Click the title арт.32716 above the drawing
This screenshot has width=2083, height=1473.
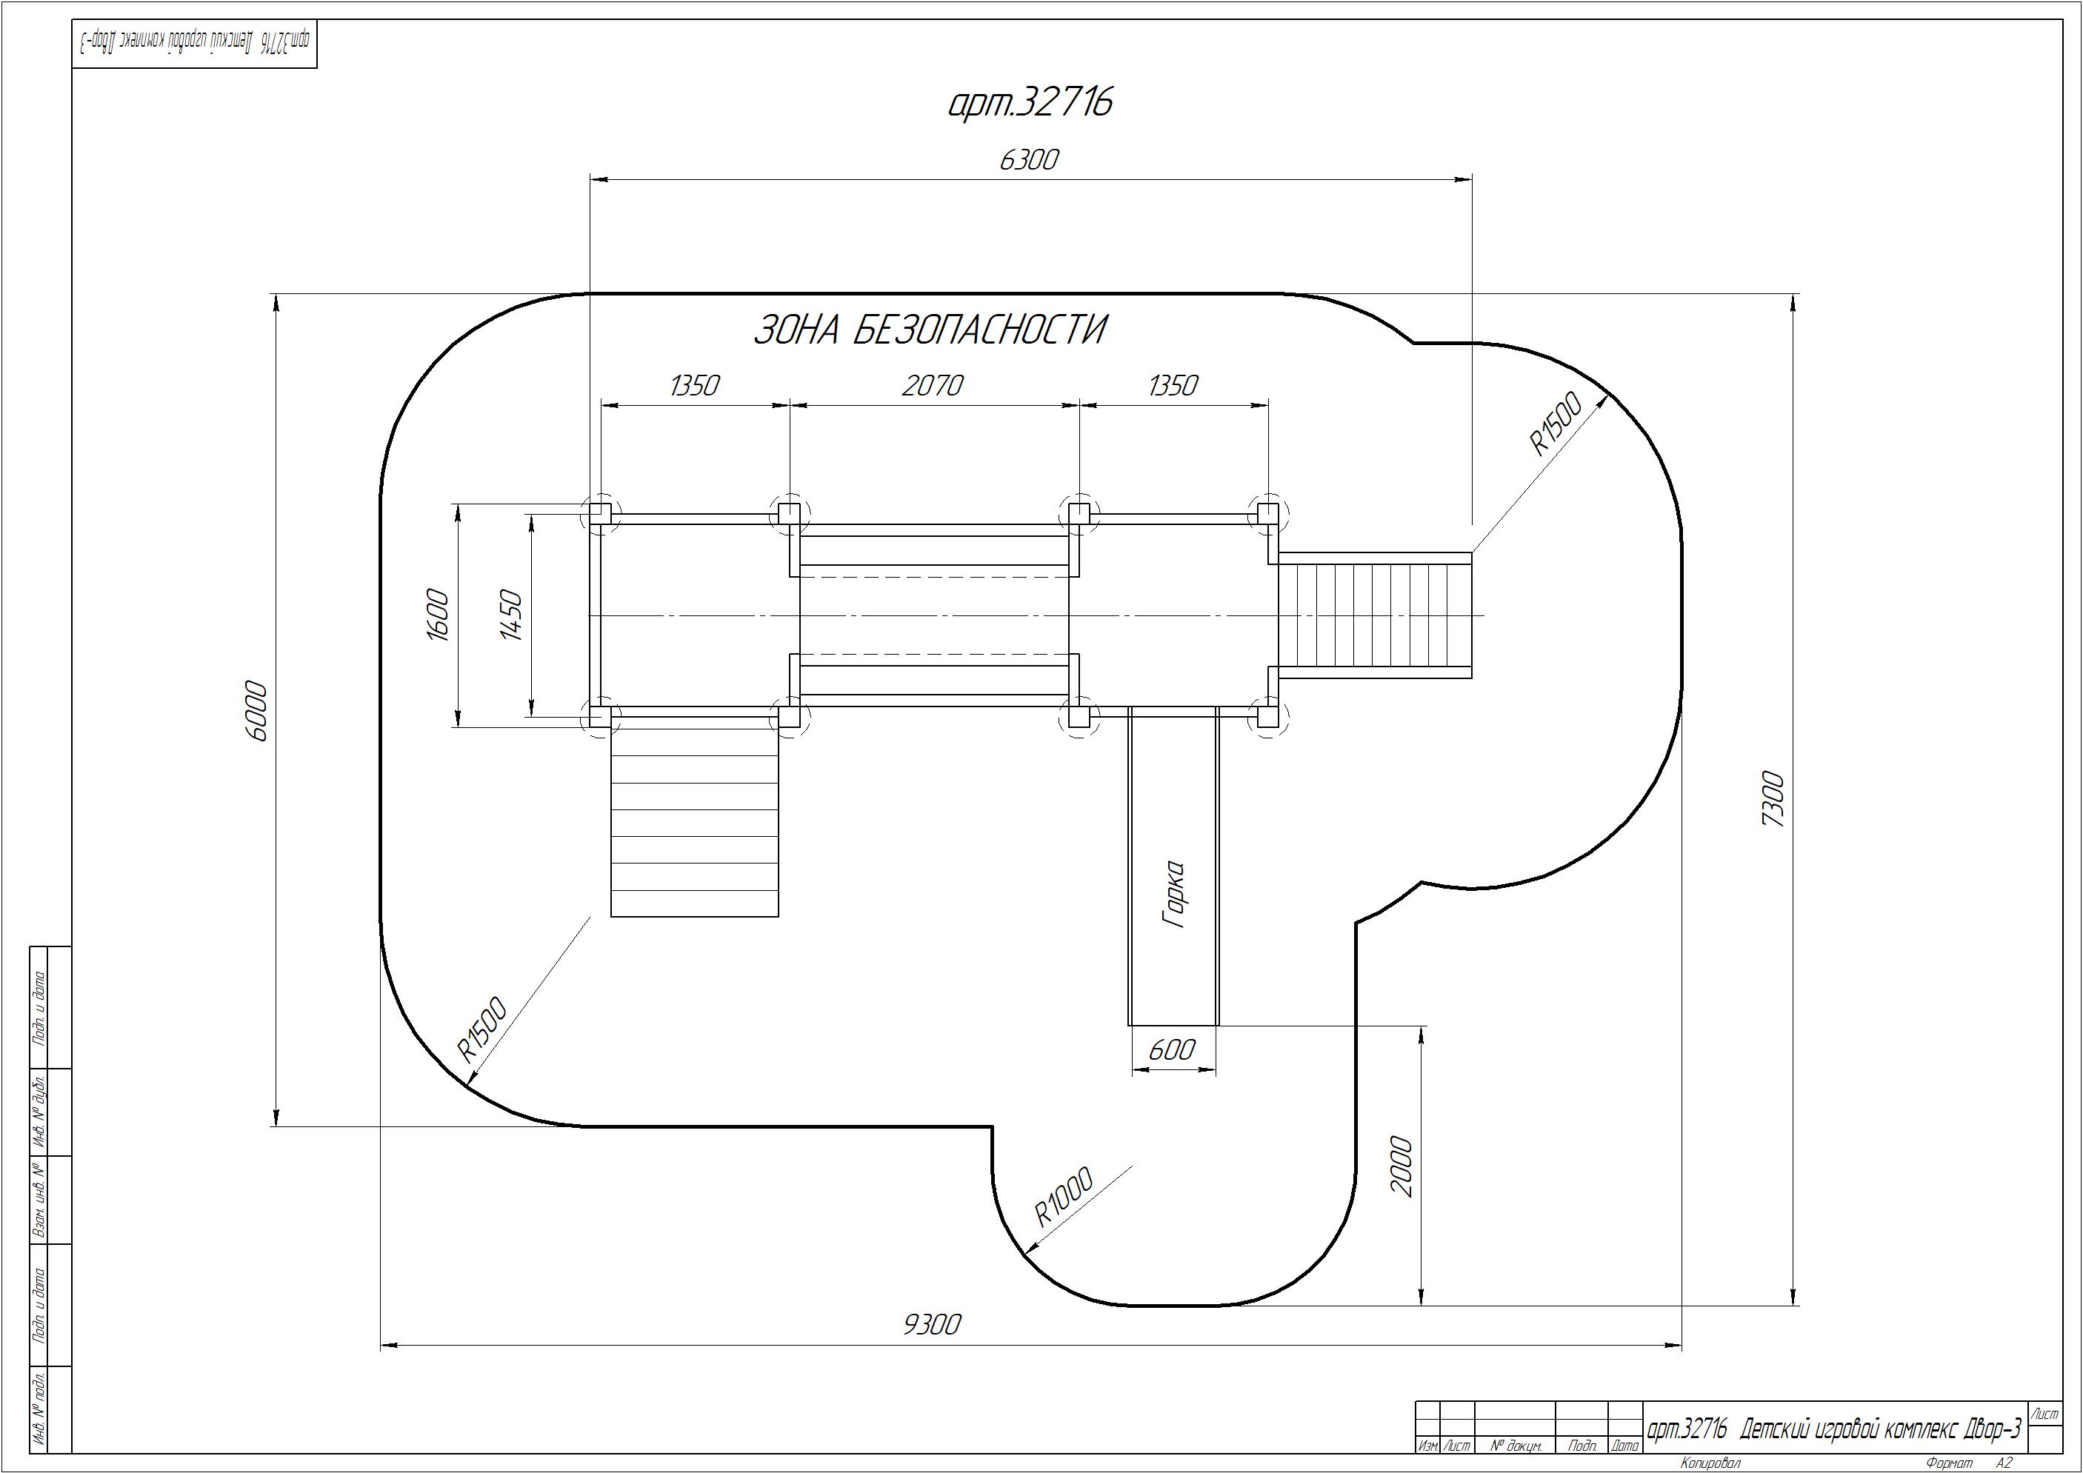point(1030,102)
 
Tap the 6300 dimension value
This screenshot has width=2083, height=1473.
point(1029,160)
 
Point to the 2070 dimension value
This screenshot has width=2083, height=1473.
point(932,387)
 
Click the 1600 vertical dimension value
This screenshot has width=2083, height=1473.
point(437,615)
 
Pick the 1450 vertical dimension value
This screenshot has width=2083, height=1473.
point(512,615)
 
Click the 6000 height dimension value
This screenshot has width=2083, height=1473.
point(257,711)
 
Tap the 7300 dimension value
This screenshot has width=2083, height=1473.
point(1772,798)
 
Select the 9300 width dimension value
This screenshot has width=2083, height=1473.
point(932,1325)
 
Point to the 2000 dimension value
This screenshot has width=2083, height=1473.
point(1402,1166)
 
